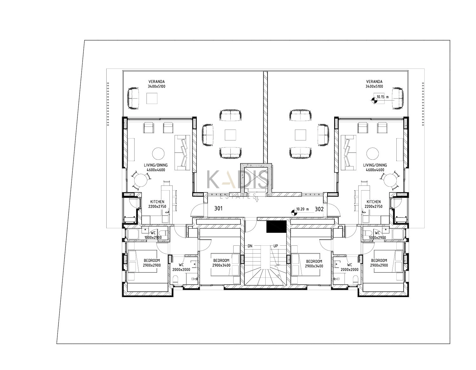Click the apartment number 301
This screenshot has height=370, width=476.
pos(218,208)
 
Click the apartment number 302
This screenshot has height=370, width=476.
pos(319,209)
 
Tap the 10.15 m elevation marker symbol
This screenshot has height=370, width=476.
pos(374,101)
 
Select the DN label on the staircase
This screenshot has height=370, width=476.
pos(250,246)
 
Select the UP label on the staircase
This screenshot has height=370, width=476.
pos(275,246)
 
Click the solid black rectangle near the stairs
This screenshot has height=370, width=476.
pos(276,226)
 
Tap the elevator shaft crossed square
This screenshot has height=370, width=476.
pos(256,178)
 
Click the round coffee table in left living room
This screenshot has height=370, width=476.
pos(158,153)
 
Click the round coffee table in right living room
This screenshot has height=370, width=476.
pos(372,153)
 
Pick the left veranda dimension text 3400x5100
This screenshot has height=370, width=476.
pos(156,87)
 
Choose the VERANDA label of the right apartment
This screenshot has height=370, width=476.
pos(374,81)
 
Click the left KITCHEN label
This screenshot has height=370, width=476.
pos(157,202)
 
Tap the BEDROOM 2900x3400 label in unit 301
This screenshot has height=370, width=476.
pos(221,263)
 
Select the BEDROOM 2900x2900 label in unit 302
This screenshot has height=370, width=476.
pos(379,263)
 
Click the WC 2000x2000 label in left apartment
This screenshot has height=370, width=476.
pos(181,267)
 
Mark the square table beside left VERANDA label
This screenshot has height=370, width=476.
pos(152,98)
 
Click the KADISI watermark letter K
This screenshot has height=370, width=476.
pos(212,180)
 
